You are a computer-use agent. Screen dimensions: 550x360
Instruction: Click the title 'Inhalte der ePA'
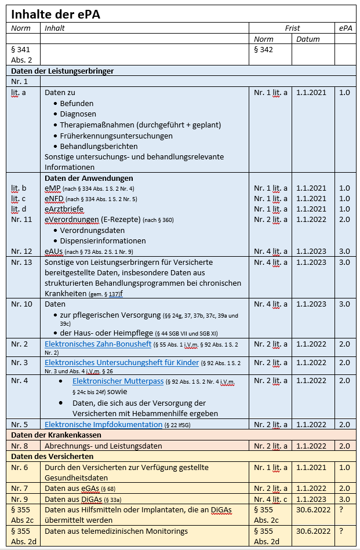(55, 14)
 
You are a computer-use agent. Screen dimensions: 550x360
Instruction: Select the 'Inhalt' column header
(54, 28)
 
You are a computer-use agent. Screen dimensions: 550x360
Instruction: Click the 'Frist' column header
(292, 28)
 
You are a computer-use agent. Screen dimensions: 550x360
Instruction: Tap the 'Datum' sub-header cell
(308, 39)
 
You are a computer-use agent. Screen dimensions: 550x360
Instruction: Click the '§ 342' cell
(263, 49)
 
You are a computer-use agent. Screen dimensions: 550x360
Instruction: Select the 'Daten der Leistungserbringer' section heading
(62, 71)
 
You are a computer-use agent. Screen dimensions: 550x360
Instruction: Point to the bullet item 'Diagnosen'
(78, 114)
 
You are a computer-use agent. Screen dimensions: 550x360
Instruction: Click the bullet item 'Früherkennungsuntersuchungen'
(116, 136)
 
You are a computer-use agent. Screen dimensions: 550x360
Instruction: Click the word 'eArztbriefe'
(64, 209)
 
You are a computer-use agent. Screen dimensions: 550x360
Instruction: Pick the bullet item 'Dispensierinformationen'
(103, 241)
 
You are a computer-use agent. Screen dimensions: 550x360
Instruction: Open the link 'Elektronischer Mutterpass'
(118, 381)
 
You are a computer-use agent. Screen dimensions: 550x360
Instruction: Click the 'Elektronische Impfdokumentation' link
(102, 424)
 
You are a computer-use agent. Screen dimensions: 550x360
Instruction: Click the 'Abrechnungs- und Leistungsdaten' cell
(103, 446)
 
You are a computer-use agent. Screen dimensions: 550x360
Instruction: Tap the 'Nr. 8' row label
(20, 446)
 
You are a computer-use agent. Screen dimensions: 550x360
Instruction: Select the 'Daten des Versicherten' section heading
(50, 457)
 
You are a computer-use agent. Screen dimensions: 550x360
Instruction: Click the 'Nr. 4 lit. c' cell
(270, 499)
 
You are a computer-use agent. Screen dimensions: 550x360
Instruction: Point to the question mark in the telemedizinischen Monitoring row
(341, 531)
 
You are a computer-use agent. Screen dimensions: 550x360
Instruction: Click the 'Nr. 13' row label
(22, 262)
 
